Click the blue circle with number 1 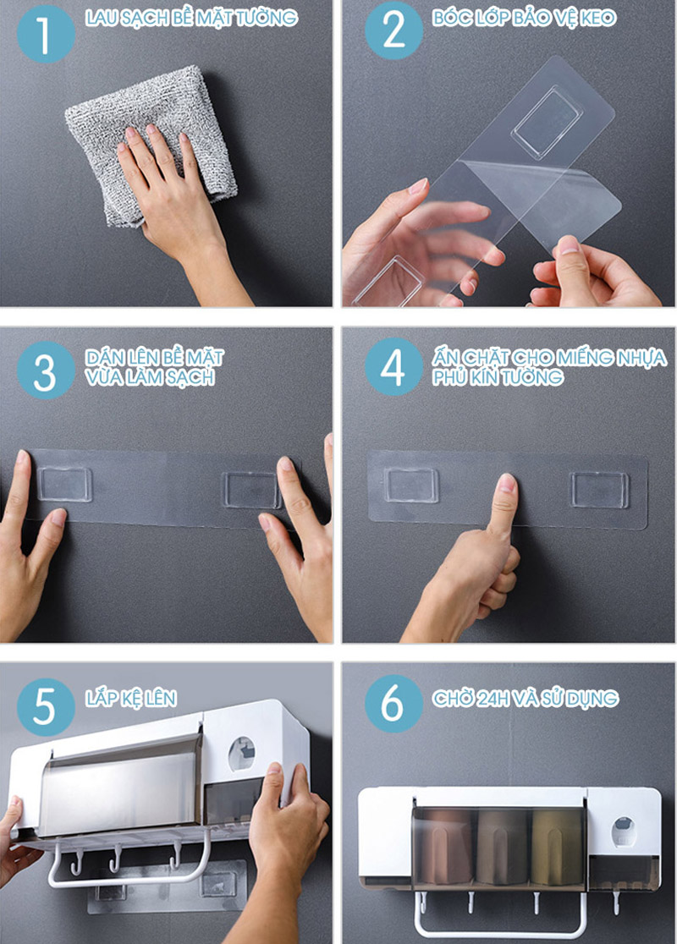click(46, 34)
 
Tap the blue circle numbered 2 click(394, 31)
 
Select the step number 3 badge click(46, 370)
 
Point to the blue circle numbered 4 click(394, 366)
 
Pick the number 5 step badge click(46, 707)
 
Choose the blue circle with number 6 click(394, 703)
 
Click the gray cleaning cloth click(151, 145)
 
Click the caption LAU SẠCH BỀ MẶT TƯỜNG click(191, 18)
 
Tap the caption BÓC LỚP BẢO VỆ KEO click(524, 18)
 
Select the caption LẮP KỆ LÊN click(130, 699)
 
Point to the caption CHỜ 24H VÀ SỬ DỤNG click(526, 699)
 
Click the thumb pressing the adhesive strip click(504, 502)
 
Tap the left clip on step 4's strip click(412, 486)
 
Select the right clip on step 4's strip click(600, 490)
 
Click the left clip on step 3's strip click(64, 484)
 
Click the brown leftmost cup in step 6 click(446, 846)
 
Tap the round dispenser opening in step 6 click(624, 831)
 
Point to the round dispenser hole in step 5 click(241, 754)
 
